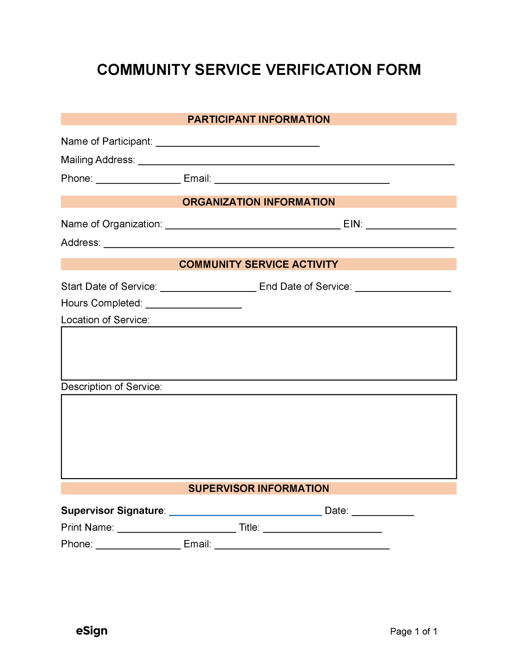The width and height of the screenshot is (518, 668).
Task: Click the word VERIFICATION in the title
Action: [x=318, y=70]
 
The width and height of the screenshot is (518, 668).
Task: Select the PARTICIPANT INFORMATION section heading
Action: [x=258, y=119]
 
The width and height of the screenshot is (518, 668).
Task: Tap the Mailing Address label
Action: [x=98, y=160]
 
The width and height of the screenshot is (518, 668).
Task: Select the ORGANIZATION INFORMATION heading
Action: [x=258, y=202]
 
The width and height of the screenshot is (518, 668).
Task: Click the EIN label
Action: [x=353, y=224]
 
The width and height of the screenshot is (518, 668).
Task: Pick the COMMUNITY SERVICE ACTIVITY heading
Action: [x=258, y=264]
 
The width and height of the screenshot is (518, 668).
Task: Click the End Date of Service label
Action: [x=305, y=286]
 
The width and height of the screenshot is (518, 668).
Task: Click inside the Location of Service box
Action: [x=259, y=353]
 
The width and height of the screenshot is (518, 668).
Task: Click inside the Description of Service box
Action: [x=259, y=436]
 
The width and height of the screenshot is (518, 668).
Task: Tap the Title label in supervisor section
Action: [x=249, y=527]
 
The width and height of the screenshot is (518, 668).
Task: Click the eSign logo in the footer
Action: [x=92, y=631]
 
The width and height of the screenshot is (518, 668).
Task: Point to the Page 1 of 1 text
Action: [x=413, y=631]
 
